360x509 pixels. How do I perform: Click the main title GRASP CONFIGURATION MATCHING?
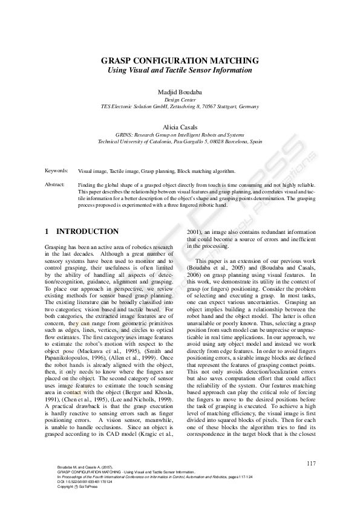[x=180, y=61]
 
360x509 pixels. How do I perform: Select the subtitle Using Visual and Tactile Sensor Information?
[x=180, y=70]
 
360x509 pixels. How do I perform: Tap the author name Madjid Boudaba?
[x=180, y=91]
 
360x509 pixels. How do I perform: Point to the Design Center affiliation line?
[x=180, y=99]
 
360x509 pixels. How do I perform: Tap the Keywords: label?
[x=56, y=171]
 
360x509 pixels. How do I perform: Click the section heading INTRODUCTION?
[x=87, y=232]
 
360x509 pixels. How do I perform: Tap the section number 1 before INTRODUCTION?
[x=47, y=232]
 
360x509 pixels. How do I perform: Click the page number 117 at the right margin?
[x=312, y=464]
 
